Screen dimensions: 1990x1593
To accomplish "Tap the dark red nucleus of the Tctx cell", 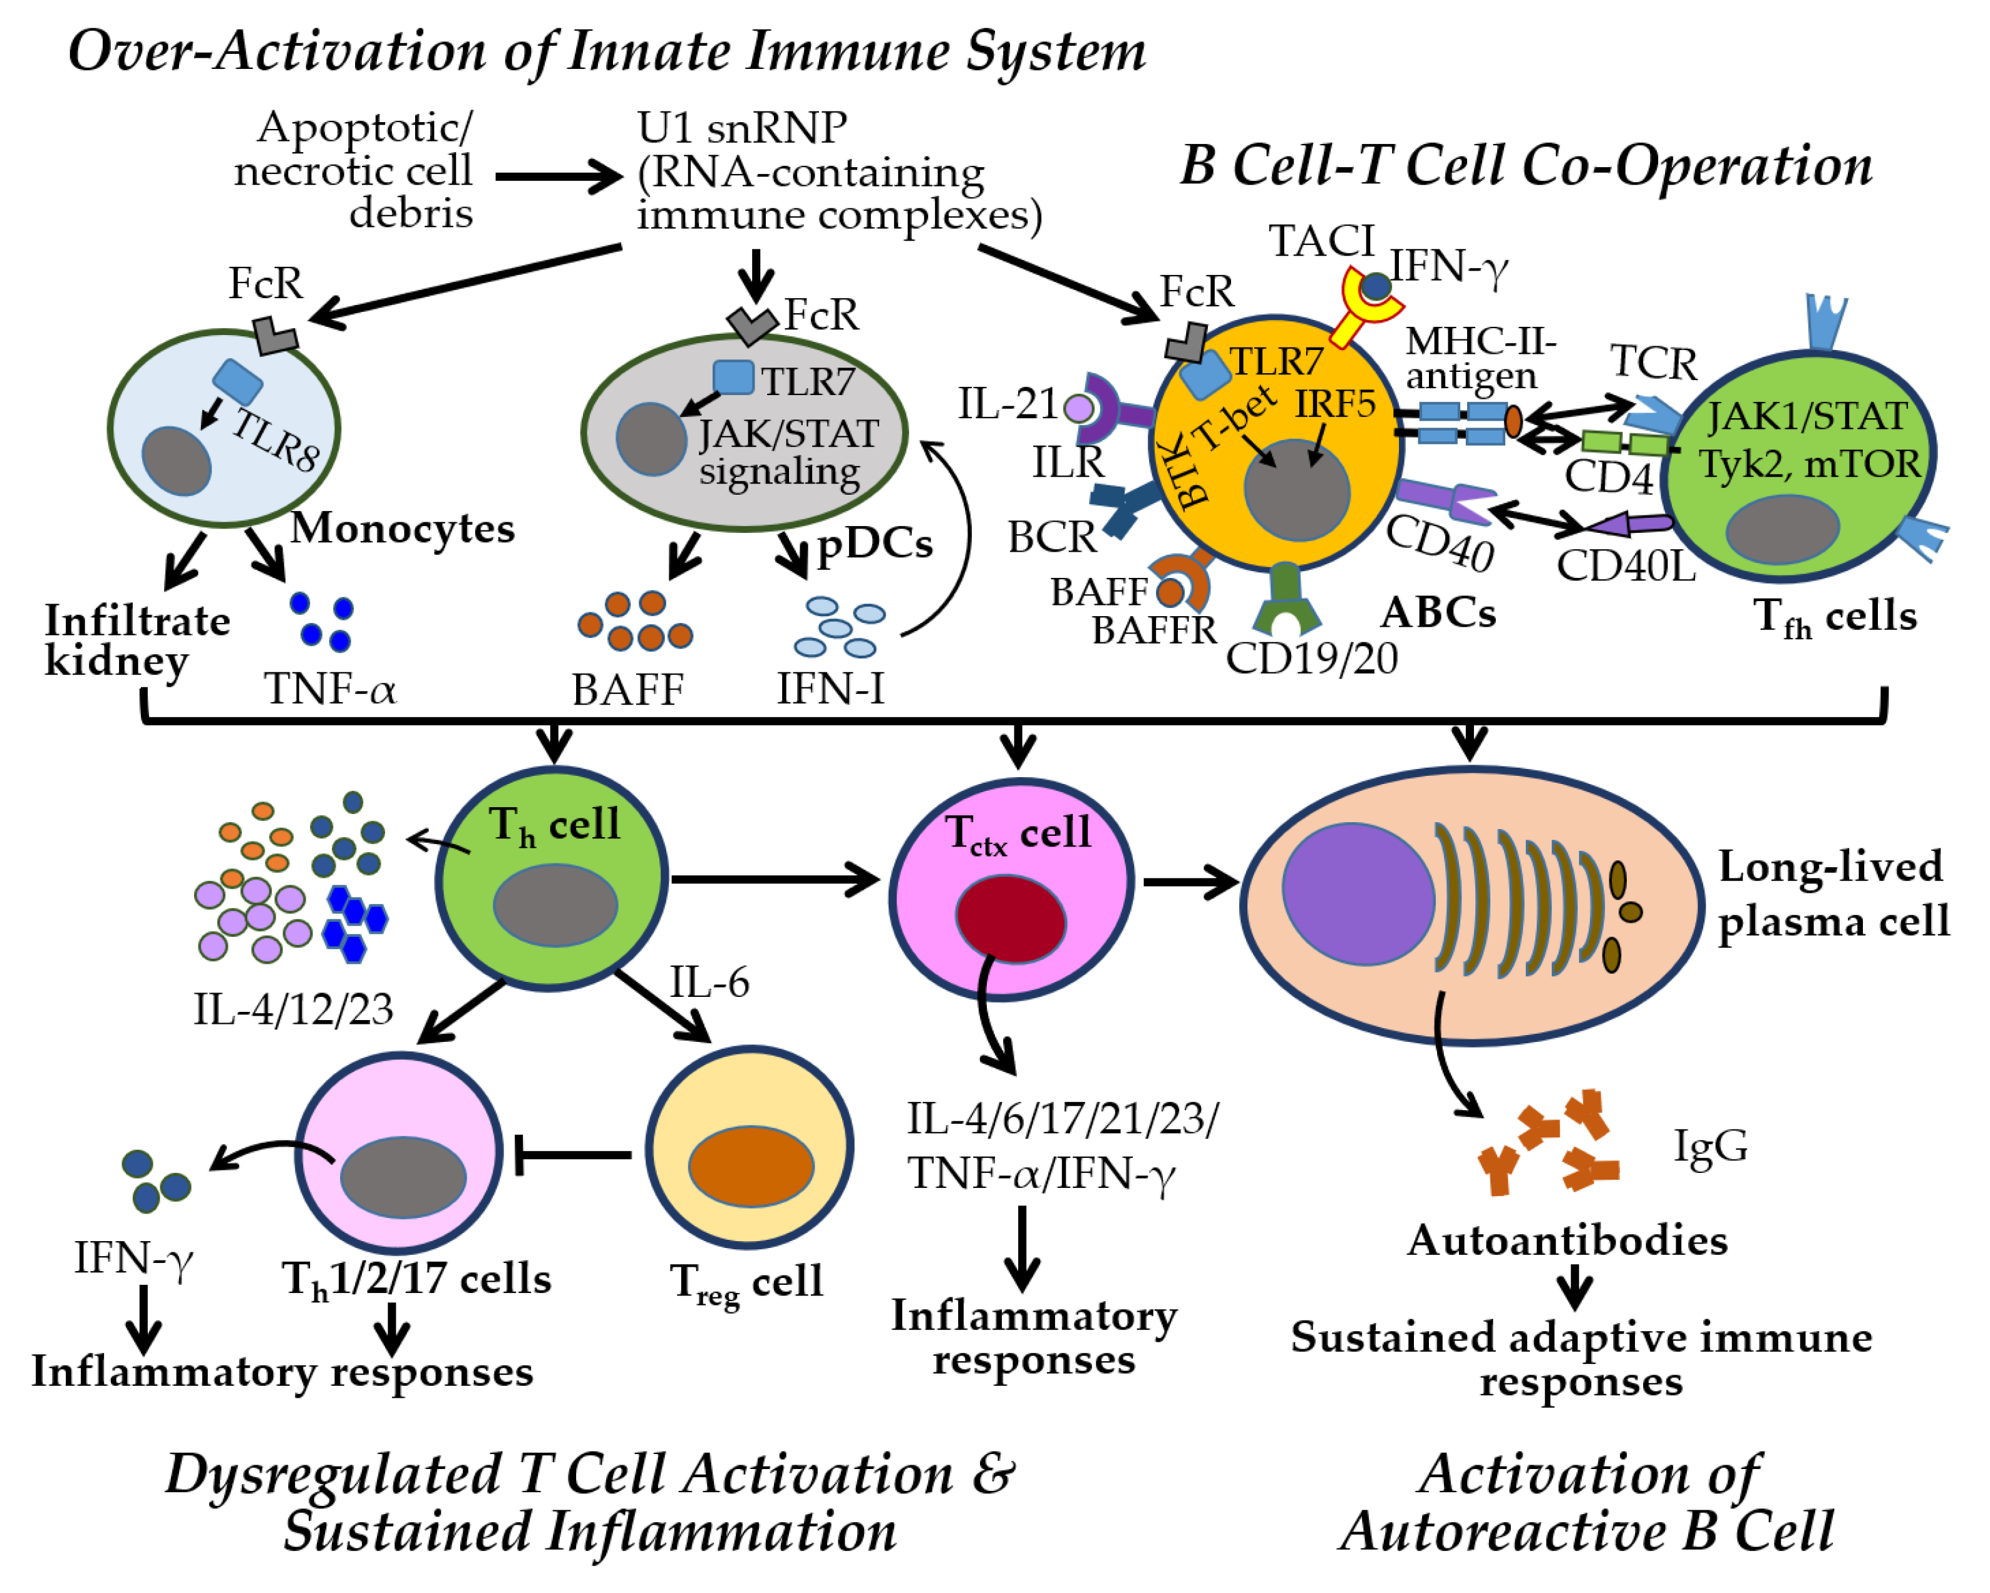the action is [1011, 919].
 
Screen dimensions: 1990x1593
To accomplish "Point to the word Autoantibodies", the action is [1567, 1239].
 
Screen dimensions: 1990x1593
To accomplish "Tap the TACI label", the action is [1322, 241].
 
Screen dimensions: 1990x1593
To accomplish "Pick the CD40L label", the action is [1626, 567].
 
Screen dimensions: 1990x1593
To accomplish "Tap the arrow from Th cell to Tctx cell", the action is [775, 879].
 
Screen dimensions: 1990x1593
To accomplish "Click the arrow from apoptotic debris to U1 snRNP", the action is [559, 175].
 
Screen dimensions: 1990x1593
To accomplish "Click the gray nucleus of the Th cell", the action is [555, 905].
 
